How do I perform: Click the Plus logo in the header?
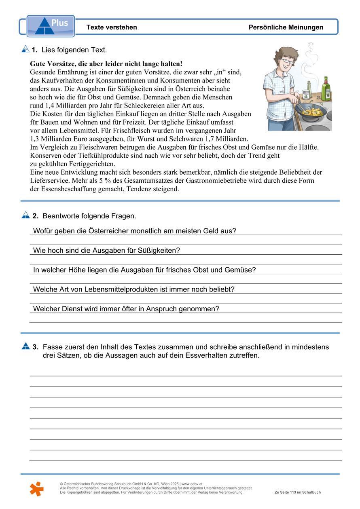[x=51, y=26]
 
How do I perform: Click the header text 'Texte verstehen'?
[x=112, y=27]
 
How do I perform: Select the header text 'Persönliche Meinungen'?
[x=286, y=27]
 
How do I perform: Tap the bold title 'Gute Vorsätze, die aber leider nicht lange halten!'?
[x=106, y=64]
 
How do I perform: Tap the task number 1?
[x=34, y=50]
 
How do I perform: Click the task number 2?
[x=35, y=216]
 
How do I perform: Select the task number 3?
[x=36, y=347]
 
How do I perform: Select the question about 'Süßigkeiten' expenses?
[x=106, y=251]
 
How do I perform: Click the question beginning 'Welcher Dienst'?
[x=126, y=309]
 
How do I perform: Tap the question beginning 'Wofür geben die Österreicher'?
[x=134, y=231]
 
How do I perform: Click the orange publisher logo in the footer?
[x=36, y=489]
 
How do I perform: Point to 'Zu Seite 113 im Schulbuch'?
[x=297, y=492]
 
